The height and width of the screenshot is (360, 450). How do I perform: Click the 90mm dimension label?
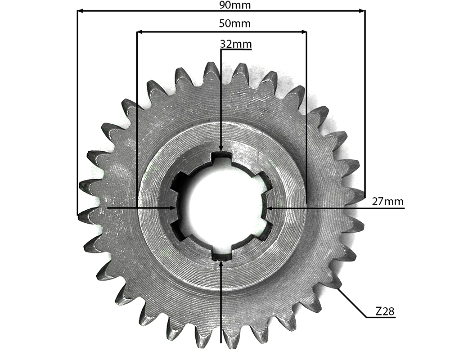click(x=235, y=5)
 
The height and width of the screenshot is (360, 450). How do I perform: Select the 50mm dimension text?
click(x=235, y=23)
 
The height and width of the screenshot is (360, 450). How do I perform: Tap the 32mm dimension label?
click(x=236, y=44)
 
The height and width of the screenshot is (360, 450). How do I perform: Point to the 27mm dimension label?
click(x=388, y=202)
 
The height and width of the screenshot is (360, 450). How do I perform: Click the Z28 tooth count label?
click(x=385, y=311)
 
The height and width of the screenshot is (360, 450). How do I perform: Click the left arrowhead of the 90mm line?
click(x=81, y=11)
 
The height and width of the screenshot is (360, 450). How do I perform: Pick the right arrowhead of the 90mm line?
click(x=362, y=11)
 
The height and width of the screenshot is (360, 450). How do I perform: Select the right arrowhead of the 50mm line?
click(x=303, y=32)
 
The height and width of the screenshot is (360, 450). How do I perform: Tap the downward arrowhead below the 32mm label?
click(x=220, y=148)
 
